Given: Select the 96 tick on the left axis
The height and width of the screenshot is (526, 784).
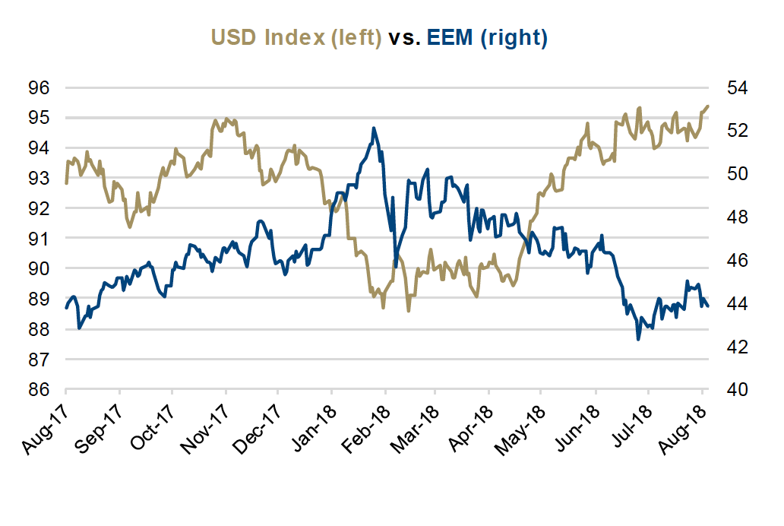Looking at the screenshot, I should [x=40, y=88].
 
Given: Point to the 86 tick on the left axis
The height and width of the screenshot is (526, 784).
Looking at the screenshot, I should [x=40, y=390].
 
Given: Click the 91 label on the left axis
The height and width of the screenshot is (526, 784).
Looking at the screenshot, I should [x=40, y=239].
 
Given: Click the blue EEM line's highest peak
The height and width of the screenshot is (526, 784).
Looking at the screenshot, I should [x=374, y=128].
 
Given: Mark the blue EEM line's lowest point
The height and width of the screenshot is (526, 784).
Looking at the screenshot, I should [x=638, y=339].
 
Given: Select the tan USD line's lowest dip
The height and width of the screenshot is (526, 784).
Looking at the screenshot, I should [x=409, y=311].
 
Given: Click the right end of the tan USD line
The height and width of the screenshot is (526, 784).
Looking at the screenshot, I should [x=708, y=106].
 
